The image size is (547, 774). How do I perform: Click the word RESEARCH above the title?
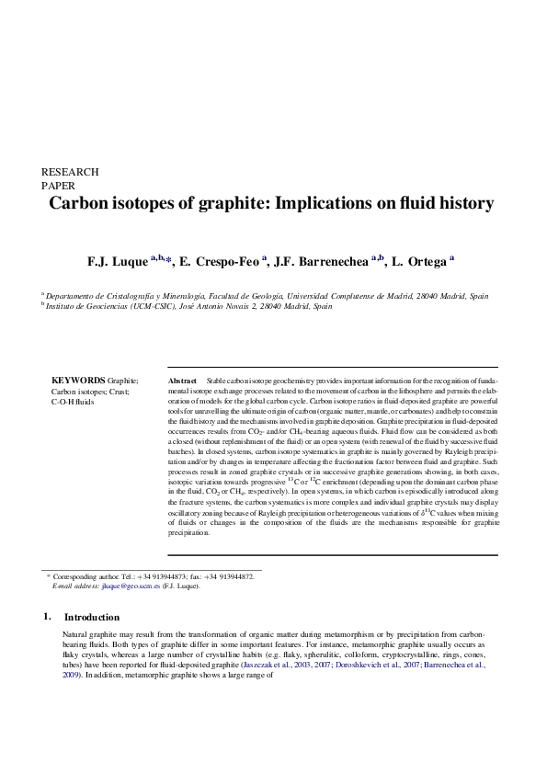70,172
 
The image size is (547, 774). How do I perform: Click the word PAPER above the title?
60,185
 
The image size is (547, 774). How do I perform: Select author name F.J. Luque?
117,262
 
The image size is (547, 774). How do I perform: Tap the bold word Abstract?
184,380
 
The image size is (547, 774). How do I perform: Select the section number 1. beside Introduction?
47,616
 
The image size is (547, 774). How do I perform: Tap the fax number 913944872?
236,576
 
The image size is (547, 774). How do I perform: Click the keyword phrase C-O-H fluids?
73,402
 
